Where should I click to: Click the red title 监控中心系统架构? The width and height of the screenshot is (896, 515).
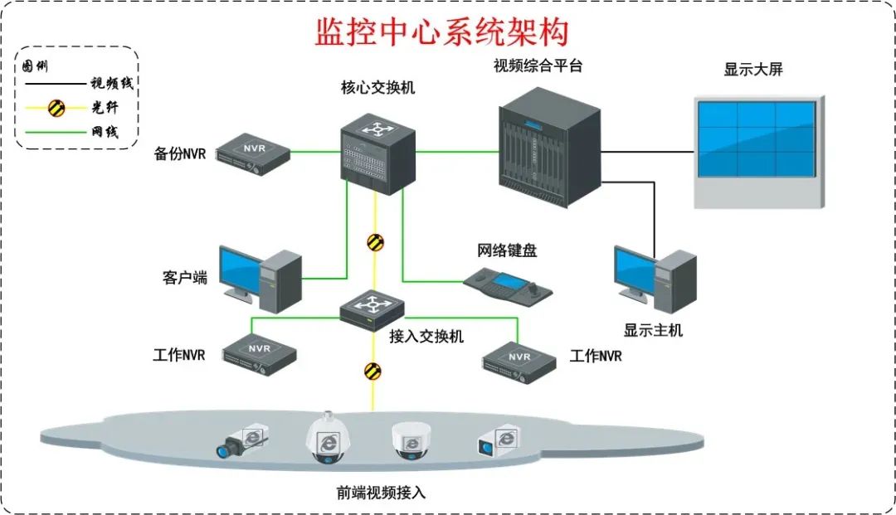(x=442, y=32)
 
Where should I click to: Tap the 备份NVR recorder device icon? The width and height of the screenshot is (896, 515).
(x=254, y=153)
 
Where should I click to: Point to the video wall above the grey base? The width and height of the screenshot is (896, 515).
(x=757, y=139)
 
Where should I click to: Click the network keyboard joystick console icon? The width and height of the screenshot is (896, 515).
(x=508, y=284)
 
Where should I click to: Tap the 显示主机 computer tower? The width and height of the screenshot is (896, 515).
(x=675, y=282)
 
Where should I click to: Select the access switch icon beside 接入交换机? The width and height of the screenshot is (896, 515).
(x=372, y=309)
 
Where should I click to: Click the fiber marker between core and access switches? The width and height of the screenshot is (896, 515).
(x=376, y=242)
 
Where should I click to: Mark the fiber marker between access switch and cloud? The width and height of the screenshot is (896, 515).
(x=373, y=371)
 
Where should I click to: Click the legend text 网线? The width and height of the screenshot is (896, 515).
(x=105, y=132)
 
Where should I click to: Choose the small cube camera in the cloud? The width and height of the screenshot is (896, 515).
(x=500, y=440)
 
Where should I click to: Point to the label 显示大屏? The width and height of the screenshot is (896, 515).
(x=752, y=70)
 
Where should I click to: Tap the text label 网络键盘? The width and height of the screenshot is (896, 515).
(x=507, y=250)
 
